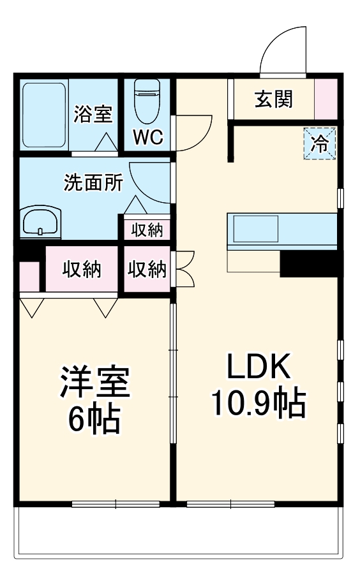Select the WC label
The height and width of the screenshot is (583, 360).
click(148, 137)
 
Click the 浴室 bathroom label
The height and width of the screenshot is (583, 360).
click(93, 115)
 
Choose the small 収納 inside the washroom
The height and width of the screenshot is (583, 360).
click(147, 228)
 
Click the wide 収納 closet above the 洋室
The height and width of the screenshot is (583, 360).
click(82, 269)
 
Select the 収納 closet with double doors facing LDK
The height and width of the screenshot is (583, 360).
click(147, 269)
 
